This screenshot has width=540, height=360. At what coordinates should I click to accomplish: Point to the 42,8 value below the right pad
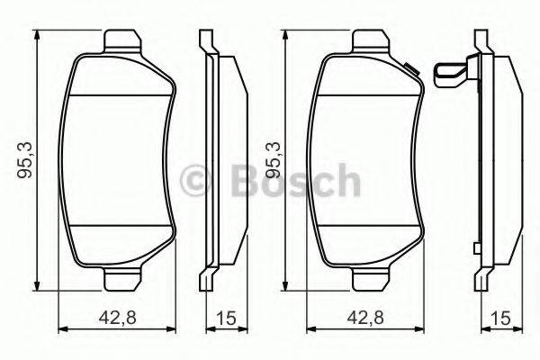pos(364,317)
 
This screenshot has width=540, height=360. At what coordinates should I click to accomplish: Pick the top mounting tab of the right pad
pos(371,41)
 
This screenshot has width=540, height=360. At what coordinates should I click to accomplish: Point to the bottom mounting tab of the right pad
pos(371,280)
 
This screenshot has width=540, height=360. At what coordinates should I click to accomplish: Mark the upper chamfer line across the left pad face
pos(117,96)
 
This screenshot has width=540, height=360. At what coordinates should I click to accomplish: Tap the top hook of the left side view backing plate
pos(204,38)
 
